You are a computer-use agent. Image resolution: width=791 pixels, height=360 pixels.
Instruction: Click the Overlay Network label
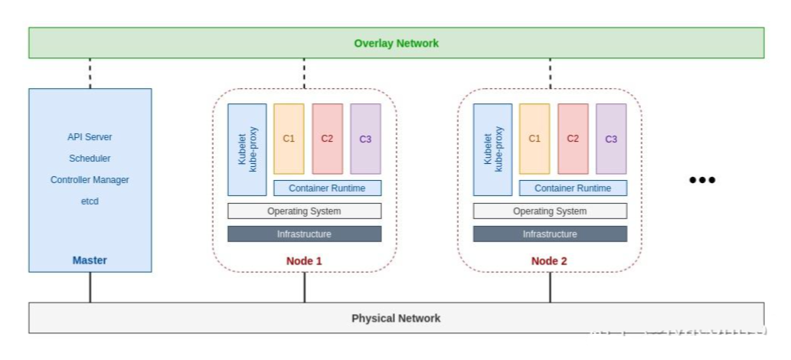click(x=396, y=43)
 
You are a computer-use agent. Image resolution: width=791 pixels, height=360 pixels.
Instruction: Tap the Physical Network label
click(x=396, y=318)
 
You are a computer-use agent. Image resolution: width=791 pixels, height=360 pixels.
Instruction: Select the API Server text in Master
click(x=90, y=137)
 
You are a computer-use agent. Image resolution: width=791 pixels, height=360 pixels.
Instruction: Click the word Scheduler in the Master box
click(x=90, y=159)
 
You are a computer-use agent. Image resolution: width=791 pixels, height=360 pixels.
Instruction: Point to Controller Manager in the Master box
click(x=90, y=180)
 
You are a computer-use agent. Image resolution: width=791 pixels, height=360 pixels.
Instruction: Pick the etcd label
click(x=90, y=201)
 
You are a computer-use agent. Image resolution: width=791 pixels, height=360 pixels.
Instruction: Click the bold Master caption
click(x=90, y=260)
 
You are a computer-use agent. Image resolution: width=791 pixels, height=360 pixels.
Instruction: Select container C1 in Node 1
click(x=289, y=139)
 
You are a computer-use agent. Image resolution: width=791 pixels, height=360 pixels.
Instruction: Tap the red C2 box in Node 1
click(x=327, y=139)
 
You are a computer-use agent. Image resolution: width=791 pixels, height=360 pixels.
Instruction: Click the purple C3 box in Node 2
click(x=611, y=139)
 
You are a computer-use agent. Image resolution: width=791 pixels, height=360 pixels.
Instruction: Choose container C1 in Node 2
click(x=534, y=139)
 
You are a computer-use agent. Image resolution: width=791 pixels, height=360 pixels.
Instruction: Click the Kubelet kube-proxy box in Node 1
click(x=247, y=149)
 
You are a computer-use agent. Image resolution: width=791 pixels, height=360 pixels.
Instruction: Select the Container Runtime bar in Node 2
click(x=573, y=188)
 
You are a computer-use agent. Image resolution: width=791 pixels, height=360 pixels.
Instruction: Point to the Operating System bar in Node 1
click(x=304, y=211)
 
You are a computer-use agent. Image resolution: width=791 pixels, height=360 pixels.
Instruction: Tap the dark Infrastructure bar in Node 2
click(x=550, y=234)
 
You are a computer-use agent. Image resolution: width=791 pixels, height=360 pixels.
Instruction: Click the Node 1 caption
click(x=304, y=261)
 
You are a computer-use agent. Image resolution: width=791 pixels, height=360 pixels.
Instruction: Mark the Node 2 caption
click(x=550, y=261)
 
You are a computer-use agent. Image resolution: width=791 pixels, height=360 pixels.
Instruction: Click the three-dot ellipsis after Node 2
click(x=702, y=180)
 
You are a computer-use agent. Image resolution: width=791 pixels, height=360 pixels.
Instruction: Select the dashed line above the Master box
click(x=90, y=74)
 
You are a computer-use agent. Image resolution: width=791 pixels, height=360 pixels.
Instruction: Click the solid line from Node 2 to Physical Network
click(x=550, y=287)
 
